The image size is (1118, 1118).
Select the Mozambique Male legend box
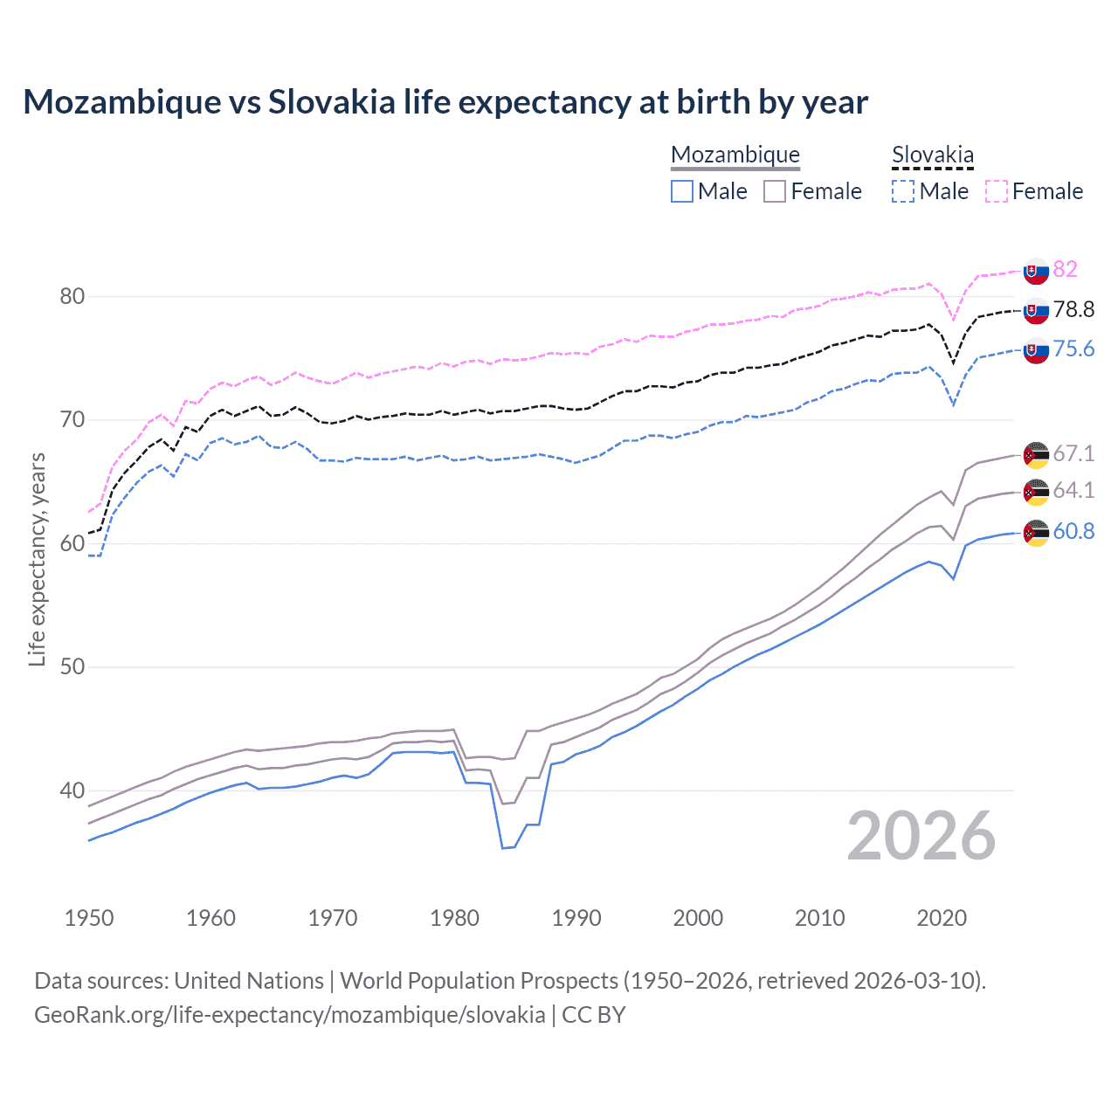682,191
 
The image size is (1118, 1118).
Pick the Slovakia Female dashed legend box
997,191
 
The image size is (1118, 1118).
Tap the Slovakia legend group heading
932,155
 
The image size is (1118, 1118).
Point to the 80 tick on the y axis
72,296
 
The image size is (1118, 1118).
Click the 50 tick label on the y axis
72,666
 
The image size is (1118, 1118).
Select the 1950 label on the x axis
89,918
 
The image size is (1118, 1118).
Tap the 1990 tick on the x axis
576,918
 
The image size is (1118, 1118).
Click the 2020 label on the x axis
942,918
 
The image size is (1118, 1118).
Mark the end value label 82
1065,269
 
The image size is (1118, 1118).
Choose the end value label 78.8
1073,309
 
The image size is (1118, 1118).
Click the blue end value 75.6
1073,349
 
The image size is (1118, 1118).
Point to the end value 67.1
1073,453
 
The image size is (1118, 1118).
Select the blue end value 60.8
1073,531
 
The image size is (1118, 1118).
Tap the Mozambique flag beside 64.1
1036,492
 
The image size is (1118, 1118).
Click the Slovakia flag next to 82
1036,272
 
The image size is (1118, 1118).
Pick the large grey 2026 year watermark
921,836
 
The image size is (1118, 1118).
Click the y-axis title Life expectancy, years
37,559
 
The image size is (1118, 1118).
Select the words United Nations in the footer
249,981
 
